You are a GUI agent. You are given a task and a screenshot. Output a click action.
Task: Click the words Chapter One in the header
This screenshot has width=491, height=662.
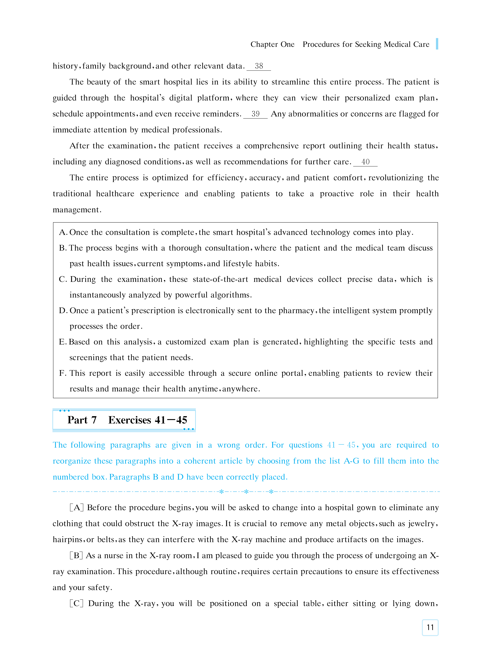coord(272,44)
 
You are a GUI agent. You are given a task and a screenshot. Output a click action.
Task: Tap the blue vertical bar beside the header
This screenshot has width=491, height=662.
coord(437,44)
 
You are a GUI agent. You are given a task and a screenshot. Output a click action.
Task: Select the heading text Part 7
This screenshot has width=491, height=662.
coord(82,420)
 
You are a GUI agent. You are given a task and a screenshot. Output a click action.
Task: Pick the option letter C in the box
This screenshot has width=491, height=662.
coord(63,279)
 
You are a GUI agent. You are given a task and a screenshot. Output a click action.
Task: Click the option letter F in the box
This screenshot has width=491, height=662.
coord(62,373)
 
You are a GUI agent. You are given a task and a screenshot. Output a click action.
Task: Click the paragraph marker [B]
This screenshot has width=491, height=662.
coord(76,556)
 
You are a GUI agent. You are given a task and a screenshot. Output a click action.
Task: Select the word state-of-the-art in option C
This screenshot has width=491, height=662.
coord(220,279)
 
